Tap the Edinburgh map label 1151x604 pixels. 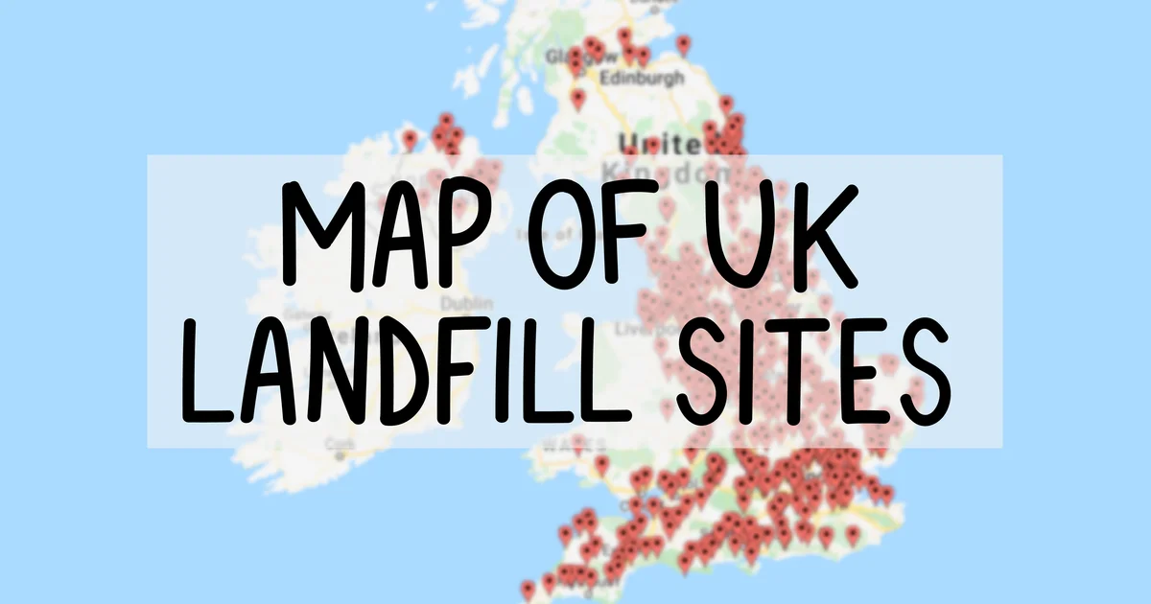[644, 78]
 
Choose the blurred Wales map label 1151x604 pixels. [574, 445]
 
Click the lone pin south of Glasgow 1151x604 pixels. [577, 97]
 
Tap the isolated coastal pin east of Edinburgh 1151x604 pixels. [683, 44]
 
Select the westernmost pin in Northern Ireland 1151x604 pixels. [411, 139]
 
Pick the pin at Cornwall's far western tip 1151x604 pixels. [529, 589]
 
